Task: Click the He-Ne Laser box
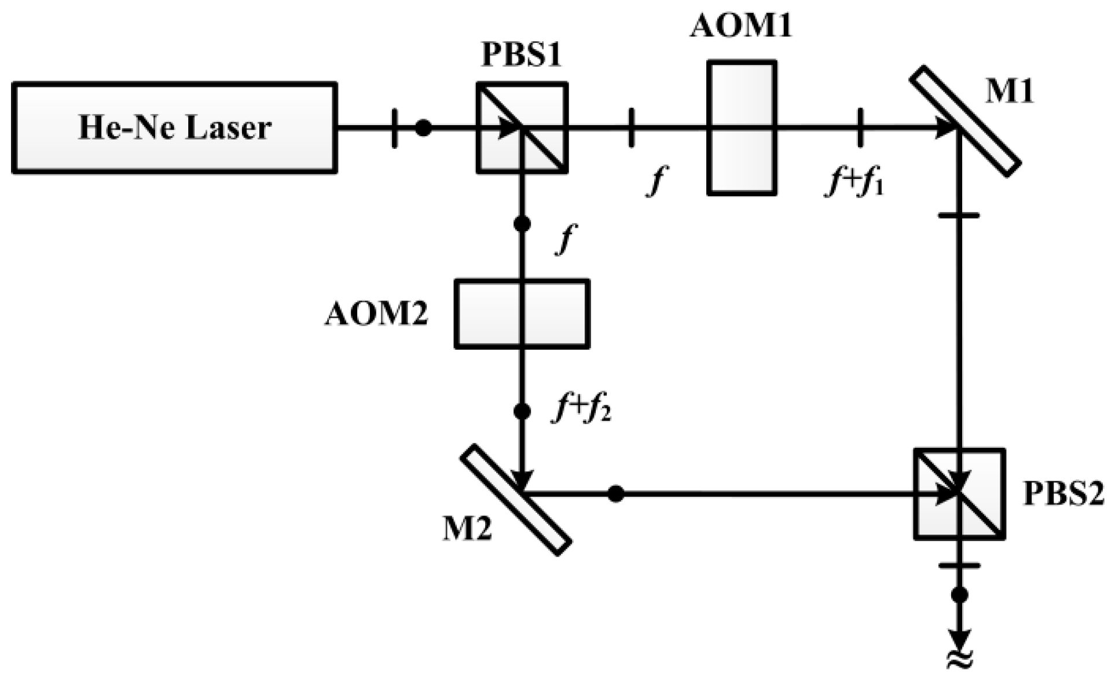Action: (x=174, y=128)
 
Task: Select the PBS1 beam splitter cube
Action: (x=522, y=128)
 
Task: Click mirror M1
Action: (x=965, y=121)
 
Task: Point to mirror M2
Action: (x=516, y=499)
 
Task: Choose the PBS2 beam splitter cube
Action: (x=959, y=494)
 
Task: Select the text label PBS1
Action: (x=522, y=56)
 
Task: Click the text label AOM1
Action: (x=740, y=26)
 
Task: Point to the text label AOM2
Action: (x=376, y=315)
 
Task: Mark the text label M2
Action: (x=467, y=529)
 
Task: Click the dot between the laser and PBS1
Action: (x=424, y=128)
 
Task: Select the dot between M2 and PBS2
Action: (x=616, y=494)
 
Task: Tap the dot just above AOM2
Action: (x=522, y=224)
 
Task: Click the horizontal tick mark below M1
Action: (x=959, y=215)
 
